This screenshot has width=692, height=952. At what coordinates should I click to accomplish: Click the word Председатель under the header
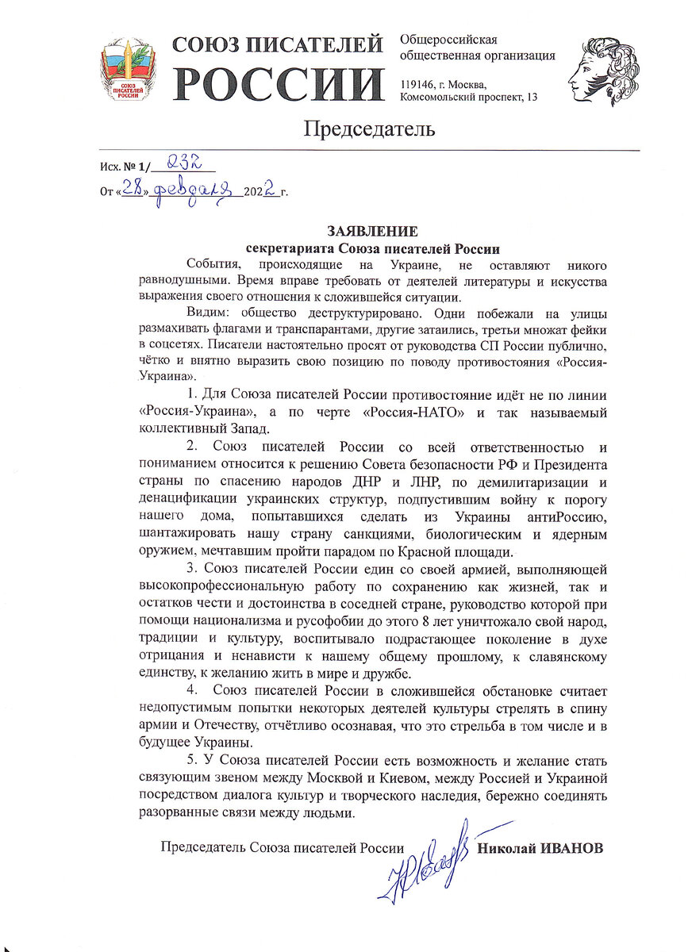pyautogui.click(x=370, y=129)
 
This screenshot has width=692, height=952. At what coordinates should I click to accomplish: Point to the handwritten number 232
pyautogui.click(x=184, y=164)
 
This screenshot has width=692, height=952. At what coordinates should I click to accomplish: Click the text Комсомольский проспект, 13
pyautogui.click(x=469, y=97)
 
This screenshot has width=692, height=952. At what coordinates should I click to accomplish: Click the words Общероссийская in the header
pyautogui.click(x=449, y=40)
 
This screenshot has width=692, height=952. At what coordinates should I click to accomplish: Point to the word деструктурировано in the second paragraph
pyautogui.click(x=359, y=313)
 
